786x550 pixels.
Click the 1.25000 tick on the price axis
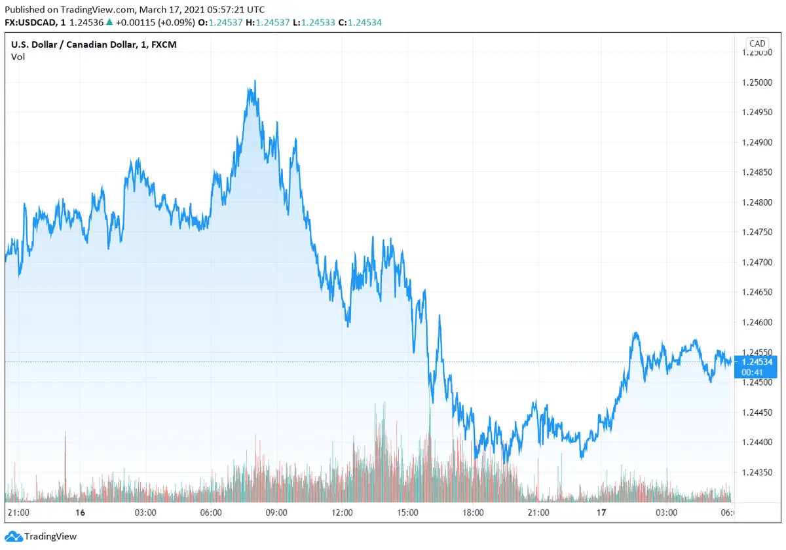pos(757,82)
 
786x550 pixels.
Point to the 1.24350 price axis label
pos(757,471)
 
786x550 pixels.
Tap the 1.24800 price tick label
pos(757,202)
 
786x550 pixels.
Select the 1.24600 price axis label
pos(757,322)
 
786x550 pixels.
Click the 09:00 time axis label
pos(276,513)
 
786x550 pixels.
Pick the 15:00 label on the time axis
pos(407,513)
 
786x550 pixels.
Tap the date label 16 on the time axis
pos(80,513)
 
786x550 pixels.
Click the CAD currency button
pos(757,44)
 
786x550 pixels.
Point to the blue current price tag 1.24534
pos(757,361)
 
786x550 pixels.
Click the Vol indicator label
pos(18,57)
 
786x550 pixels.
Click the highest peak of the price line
pos(255,81)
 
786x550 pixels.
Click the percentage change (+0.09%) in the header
pos(176,22)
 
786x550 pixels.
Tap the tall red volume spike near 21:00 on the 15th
pos(65,458)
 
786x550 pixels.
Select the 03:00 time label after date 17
pos(667,513)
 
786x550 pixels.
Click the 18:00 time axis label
pos(473,513)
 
